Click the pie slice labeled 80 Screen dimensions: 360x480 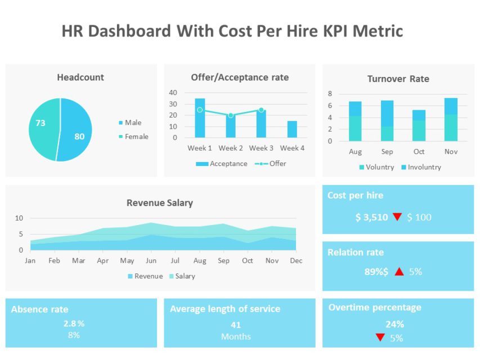tap(76, 132)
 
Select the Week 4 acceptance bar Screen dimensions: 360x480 tap(292, 129)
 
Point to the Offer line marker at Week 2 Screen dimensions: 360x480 tap(231, 115)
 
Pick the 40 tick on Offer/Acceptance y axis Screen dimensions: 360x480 tap(173, 93)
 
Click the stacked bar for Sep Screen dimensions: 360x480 tap(387, 121)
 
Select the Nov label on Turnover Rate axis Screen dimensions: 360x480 tap(451, 152)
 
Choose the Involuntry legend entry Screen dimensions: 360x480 tap(421, 167)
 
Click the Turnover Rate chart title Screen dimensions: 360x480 tap(398, 79)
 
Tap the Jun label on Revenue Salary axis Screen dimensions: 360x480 tap(151, 261)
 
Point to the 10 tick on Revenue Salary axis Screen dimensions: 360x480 tap(19, 218)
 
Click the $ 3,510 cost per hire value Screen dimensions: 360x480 tap(371, 217)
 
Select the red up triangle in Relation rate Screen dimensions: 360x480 tap(399, 272)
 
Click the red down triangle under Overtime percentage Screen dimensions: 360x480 tap(380, 337)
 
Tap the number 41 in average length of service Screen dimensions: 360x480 tap(236, 325)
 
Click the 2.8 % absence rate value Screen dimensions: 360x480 tap(74, 323)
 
